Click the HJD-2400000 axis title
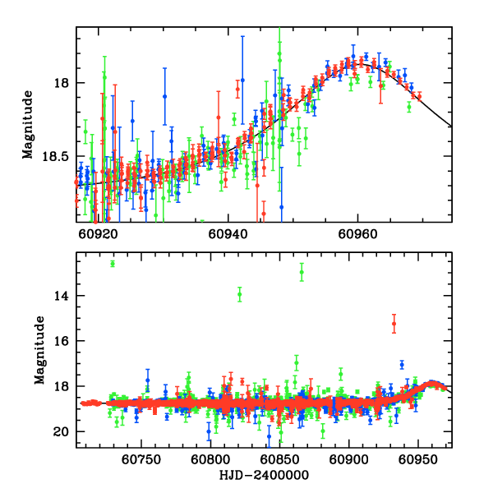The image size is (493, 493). click(264, 476)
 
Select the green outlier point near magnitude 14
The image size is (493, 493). click(240, 293)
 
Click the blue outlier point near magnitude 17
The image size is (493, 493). click(402, 364)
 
